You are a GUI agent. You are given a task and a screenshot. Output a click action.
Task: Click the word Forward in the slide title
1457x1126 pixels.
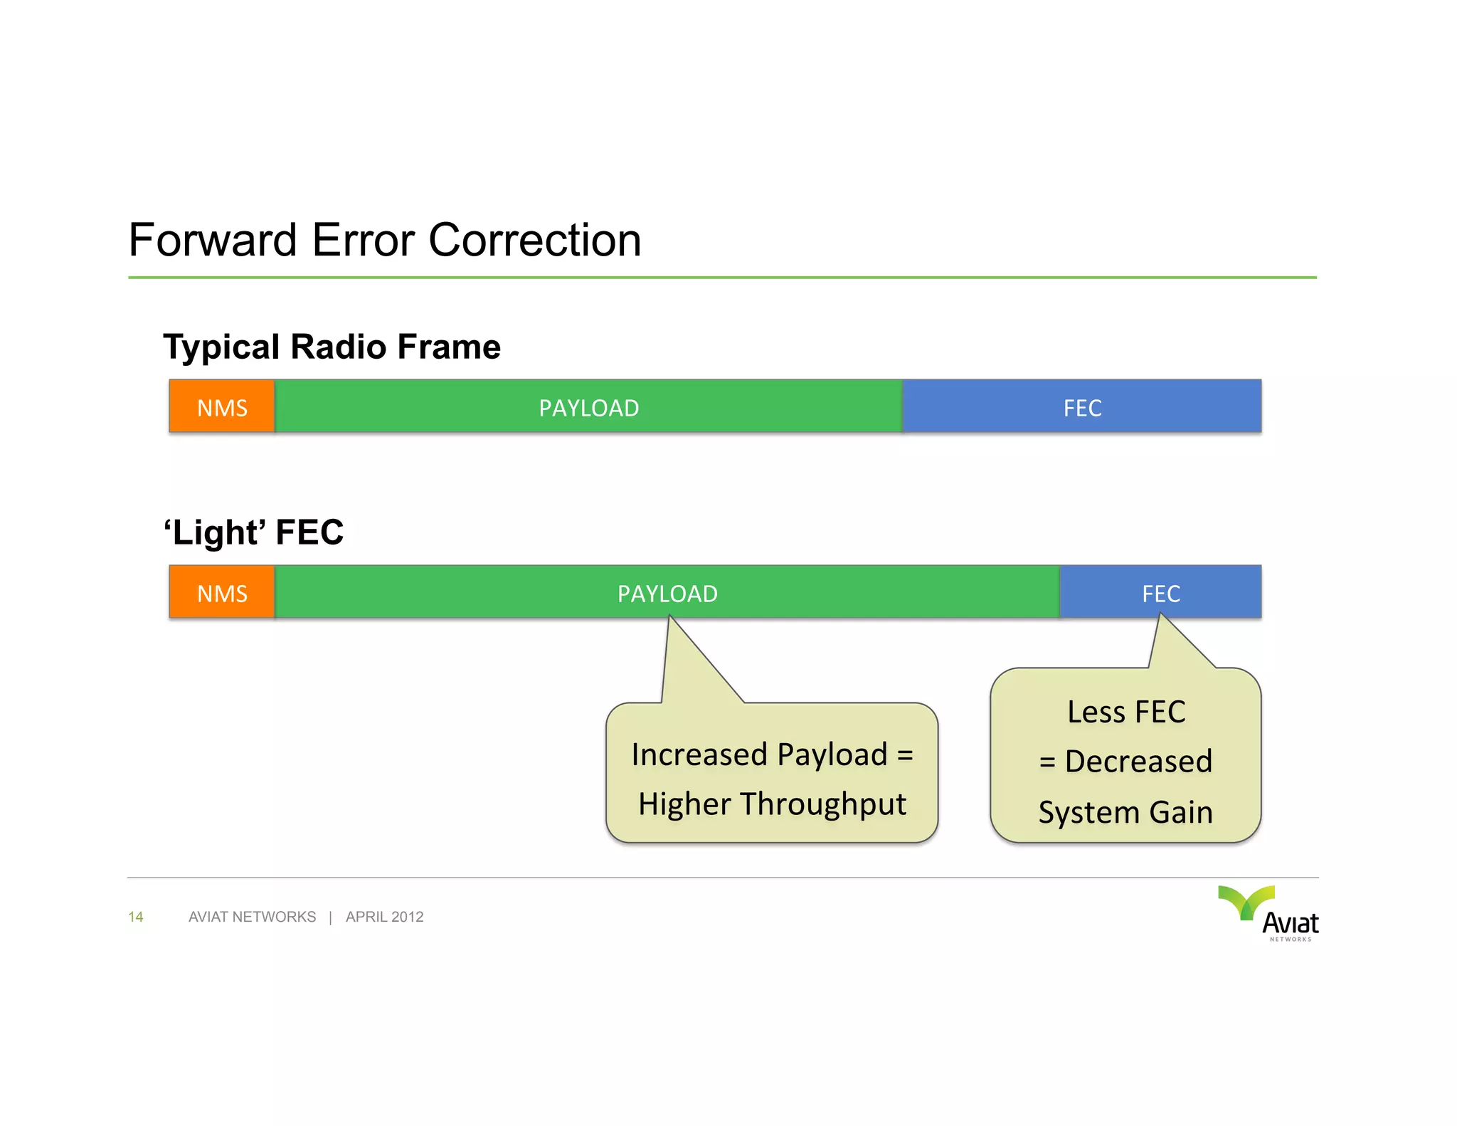click(x=212, y=241)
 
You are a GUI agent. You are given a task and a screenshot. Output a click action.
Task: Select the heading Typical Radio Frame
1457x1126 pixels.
click(x=332, y=347)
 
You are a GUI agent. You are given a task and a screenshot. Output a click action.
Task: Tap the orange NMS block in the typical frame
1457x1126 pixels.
click(x=222, y=407)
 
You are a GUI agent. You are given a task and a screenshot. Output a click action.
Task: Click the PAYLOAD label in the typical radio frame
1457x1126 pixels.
click(x=588, y=408)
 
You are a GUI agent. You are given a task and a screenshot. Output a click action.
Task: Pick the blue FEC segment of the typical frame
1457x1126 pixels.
click(x=1081, y=408)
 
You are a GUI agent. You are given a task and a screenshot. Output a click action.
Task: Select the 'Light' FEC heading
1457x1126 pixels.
click(x=254, y=532)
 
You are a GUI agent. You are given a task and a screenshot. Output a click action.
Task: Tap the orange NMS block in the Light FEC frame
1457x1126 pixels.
click(x=222, y=593)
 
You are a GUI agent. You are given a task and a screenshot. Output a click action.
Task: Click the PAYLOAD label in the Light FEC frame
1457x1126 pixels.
click(x=667, y=594)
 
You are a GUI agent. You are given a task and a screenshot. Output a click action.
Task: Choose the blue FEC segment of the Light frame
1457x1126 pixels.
click(x=1160, y=594)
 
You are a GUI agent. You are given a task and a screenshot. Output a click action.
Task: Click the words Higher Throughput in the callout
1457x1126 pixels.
click(x=772, y=804)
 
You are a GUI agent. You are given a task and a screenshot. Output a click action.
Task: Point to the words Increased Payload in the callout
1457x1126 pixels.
click(x=759, y=754)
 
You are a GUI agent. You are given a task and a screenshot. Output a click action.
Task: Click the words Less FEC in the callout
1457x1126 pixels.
click(x=1126, y=712)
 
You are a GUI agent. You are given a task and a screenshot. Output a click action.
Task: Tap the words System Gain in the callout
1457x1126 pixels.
click(x=1125, y=812)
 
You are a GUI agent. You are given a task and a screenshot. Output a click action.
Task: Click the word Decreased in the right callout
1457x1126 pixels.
click(x=1138, y=762)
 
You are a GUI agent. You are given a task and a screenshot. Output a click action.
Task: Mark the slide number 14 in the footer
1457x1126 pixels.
click(x=136, y=917)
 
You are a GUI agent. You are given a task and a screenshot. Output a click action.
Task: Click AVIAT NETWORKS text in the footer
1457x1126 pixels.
click(x=252, y=917)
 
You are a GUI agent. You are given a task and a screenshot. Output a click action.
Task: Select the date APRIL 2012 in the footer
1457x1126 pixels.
click(x=384, y=917)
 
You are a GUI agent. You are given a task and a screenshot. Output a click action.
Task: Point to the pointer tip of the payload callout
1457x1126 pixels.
click(x=669, y=618)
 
